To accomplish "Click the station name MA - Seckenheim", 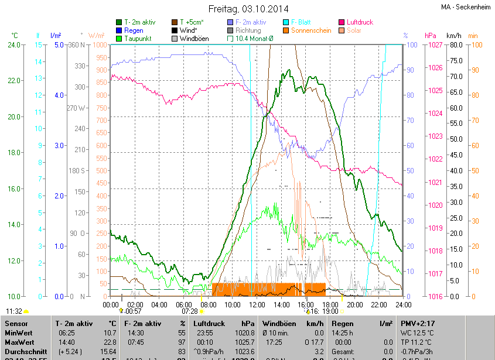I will [x=466, y=7].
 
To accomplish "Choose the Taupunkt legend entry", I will [x=138, y=39].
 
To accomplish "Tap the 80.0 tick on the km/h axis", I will [x=455, y=45].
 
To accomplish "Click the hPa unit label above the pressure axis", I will [x=430, y=36].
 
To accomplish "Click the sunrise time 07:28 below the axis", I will [x=190, y=311].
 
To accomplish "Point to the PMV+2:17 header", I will [x=418, y=323].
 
